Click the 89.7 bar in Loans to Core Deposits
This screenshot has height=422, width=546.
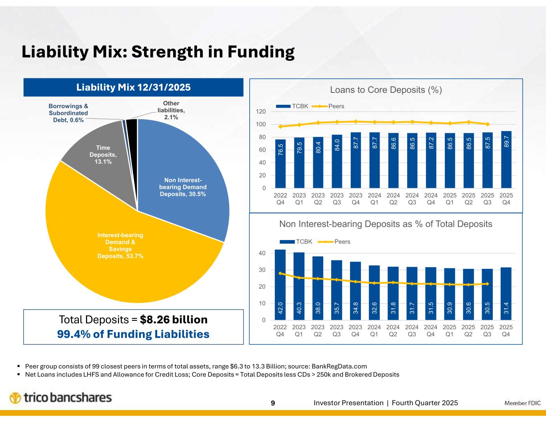coord(506,160)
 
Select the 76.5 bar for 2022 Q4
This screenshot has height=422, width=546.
coord(280,164)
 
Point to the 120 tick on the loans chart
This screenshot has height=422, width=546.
coord(262,112)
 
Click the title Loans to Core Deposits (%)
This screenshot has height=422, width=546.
coord(386,90)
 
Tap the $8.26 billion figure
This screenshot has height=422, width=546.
coord(174,320)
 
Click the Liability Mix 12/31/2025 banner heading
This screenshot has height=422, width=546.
coord(133,87)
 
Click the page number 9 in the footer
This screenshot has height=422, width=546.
coord(273,403)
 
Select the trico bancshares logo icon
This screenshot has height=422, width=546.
coord(15,398)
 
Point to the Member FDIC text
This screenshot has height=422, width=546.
coord(522,403)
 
